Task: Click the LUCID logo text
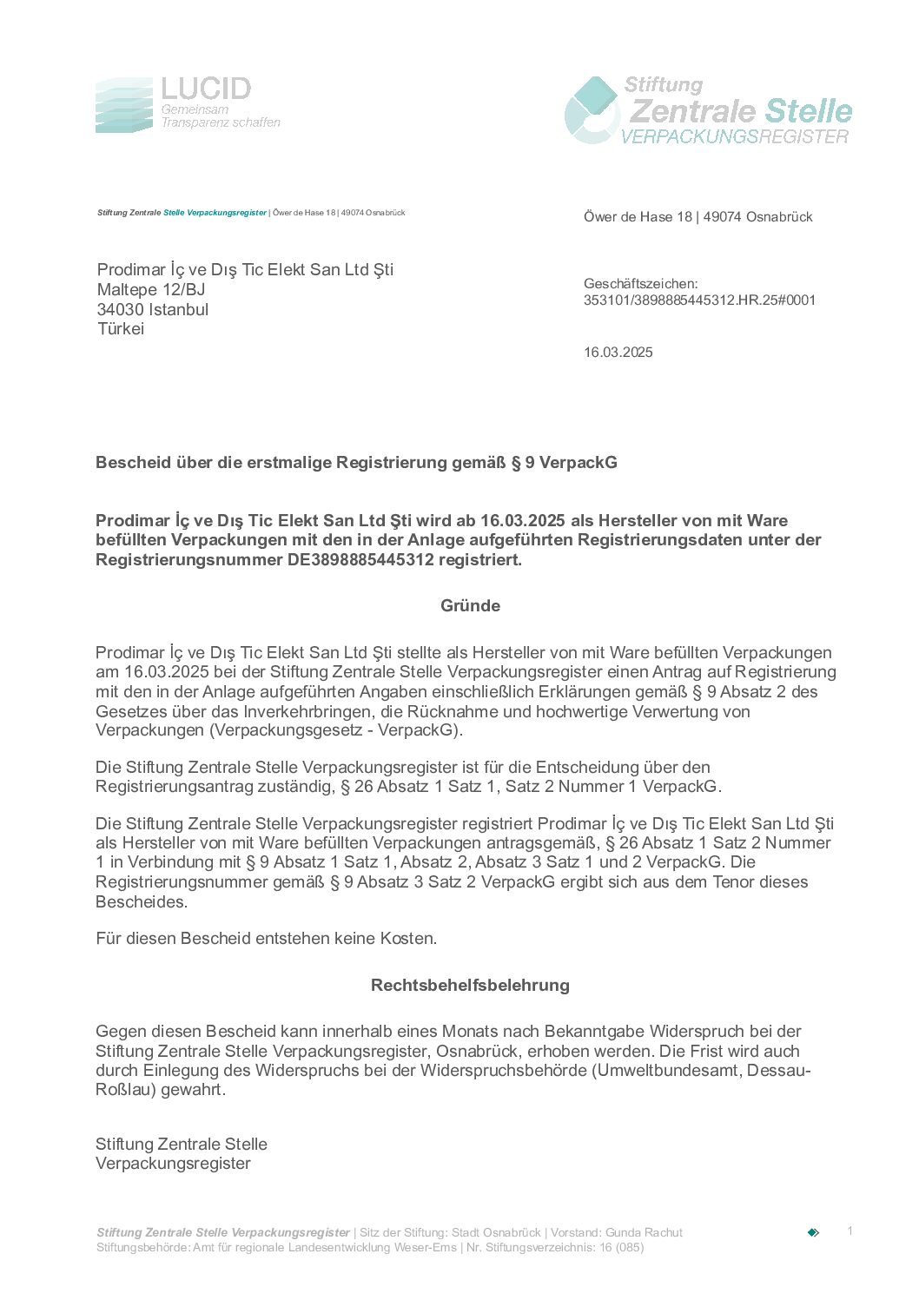[x=206, y=89]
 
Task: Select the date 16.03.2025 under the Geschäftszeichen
[x=618, y=353]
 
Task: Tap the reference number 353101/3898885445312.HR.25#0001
[x=699, y=300]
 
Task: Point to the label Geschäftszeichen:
[x=640, y=284]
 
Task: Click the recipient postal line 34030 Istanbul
[x=153, y=310]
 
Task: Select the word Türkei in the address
[x=121, y=329]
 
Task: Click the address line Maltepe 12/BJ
[x=151, y=290]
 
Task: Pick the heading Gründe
[x=470, y=606]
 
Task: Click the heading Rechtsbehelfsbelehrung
[x=470, y=986]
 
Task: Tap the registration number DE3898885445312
[x=360, y=560]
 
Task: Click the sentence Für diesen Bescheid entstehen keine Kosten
[x=266, y=939]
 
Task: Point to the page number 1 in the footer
[x=850, y=1231]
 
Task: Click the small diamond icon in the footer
[x=813, y=1232]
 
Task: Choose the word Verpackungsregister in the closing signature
[x=173, y=1164]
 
